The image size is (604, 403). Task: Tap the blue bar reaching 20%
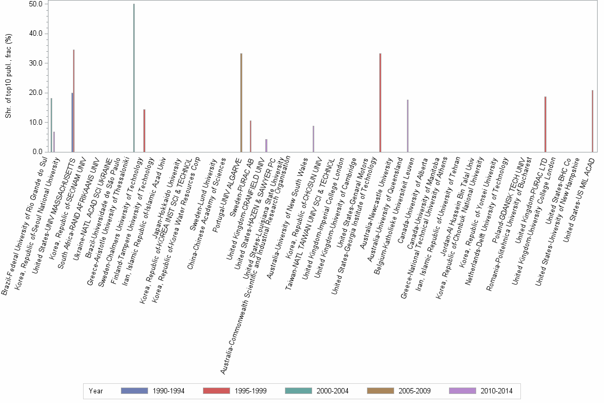[72, 123]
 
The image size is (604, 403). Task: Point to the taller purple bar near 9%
[313, 139]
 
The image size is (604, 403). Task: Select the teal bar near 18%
[51, 125]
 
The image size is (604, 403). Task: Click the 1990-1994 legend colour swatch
[134, 391]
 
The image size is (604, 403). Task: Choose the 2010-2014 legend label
[496, 391]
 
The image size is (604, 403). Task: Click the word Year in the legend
[96, 391]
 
